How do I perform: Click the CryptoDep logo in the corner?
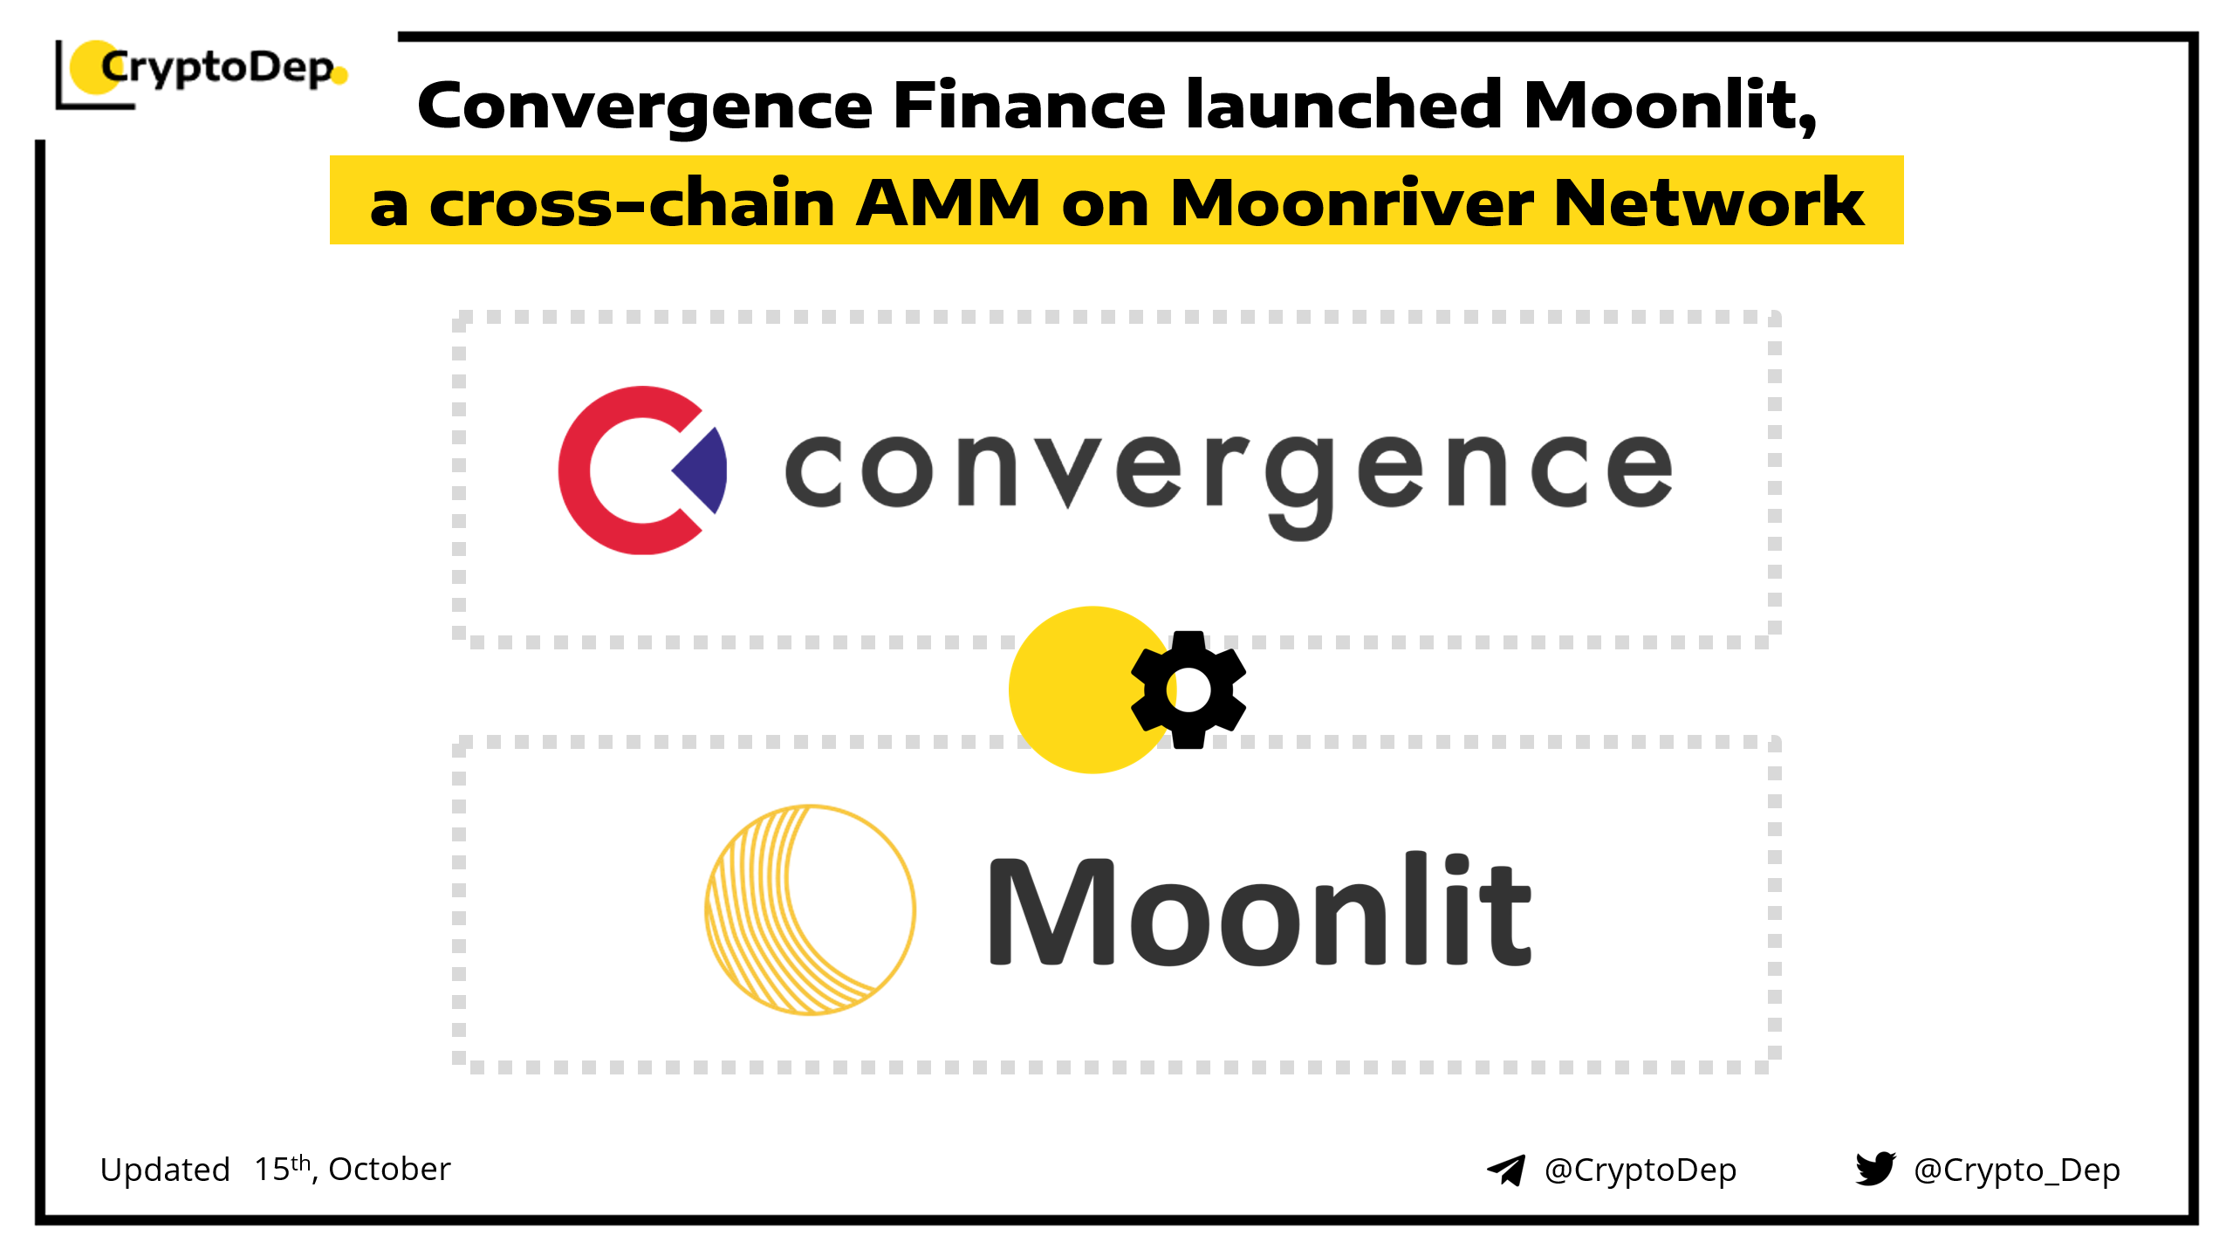click(x=202, y=74)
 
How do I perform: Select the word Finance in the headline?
click(x=1030, y=105)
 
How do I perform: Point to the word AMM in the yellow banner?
click(x=948, y=202)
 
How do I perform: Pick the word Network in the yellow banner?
click(x=1709, y=202)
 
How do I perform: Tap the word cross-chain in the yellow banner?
click(x=632, y=202)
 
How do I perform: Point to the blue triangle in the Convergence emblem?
click(x=701, y=470)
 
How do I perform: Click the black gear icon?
click(x=1188, y=690)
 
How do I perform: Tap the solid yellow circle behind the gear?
click(x=1091, y=690)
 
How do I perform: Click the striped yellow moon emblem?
click(x=811, y=909)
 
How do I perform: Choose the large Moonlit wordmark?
click(x=1260, y=908)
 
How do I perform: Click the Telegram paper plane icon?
click(x=1506, y=1170)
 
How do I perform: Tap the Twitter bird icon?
click(x=1876, y=1169)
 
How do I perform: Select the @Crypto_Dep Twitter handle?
click(x=2017, y=1170)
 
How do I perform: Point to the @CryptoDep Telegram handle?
click(x=1641, y=1170)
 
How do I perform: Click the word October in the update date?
click(x=389, y=1169)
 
